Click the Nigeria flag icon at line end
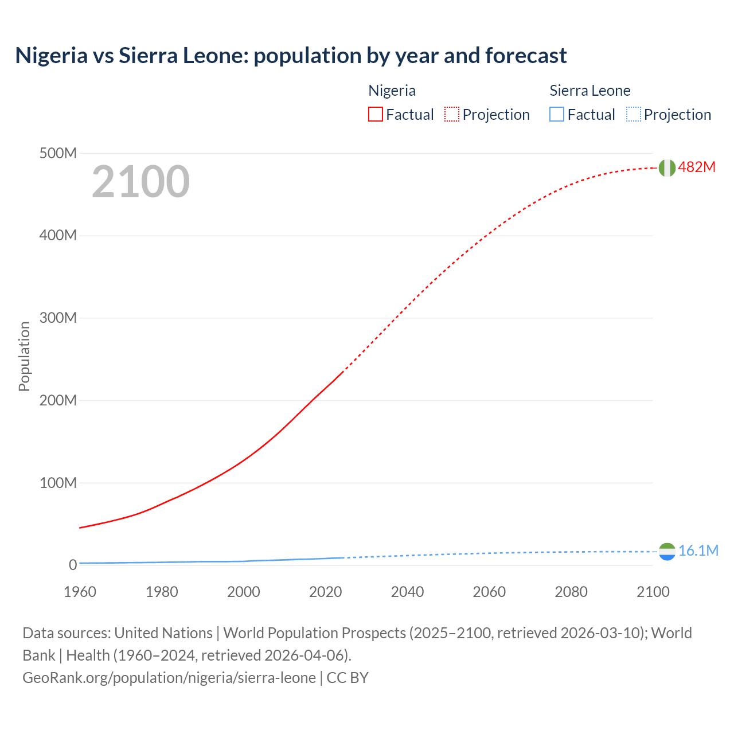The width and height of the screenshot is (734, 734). pyautogui.click(x=666, y=167)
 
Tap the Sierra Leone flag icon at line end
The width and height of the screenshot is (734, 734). pyautogui.click(x=667, y=552)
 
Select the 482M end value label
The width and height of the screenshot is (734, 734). pyautogui.click(x=697, y=167)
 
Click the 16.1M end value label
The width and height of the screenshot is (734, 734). pyautogui.click(x=698, y=551)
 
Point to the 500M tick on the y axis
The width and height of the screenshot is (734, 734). pyautogui.click(x=58, y=154)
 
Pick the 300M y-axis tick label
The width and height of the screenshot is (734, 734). pyautogui.click(x=58, y=318)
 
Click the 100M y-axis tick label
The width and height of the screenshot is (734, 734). pyautogui.click(x=58, y=483)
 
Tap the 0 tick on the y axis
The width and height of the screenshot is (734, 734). pyautogui.click(x=73, y=565)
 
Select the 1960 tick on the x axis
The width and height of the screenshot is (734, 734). pyautogui.click(x=80, y=592)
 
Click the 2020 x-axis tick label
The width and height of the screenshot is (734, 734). pyautogui.click(x=325, y=592)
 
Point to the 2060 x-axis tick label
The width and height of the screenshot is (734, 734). pyautogui.click(x=489, y=592)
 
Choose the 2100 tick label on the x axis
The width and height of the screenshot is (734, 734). pyautogui.click(x=653, y=592)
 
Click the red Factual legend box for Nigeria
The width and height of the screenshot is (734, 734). pyautogui.click(x=376, y=115)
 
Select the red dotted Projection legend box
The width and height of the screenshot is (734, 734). pyautogui.click(x=452, y=115)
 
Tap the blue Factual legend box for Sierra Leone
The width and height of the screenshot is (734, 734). pyautogui.click(x=557, y=115)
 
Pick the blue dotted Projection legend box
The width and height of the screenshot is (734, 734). pyautogui.click(x=634, y=115)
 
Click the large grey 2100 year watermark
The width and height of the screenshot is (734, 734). pyautogui.click(x=140, y=182)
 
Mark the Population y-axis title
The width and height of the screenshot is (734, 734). pyautogui.click(x=24, y=357)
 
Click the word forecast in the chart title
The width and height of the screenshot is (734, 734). pyautogui.click(x=526, y=56)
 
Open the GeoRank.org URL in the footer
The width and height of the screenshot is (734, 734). pyautogui.click(x=169, y=678)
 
